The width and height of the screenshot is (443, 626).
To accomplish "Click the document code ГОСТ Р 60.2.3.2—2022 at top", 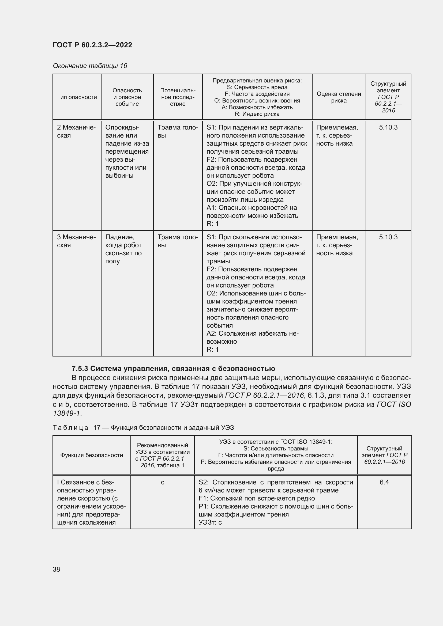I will [x=92, y=45].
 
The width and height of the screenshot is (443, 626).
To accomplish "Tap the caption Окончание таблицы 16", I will [x=90, y=66].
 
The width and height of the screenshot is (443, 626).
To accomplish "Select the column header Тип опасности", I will [x=77, y=97].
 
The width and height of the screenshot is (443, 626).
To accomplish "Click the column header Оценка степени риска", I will [x=339, y=97].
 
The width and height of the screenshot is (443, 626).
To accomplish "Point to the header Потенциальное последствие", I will [x=178, y=97].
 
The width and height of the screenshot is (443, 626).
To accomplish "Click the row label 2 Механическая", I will [x=76, y=131].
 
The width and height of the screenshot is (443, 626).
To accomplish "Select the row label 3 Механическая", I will [x=76, y=241].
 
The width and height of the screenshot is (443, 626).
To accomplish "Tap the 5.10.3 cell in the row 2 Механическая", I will [x=388, y=127].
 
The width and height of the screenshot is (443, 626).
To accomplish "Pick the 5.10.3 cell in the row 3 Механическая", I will [x=388, y=237].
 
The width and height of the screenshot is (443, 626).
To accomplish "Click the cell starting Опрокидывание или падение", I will [x=127, y=151].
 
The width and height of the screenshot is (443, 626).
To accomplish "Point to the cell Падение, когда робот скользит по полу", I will [x=123, y=249].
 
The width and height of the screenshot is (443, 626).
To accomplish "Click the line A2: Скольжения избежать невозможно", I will [x=252, y=337].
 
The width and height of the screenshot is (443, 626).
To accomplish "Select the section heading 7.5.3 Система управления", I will [x=173, y=369].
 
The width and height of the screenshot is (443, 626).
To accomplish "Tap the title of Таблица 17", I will [x=143, y=427].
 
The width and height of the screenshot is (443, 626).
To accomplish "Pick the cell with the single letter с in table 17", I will [x=162, y=482].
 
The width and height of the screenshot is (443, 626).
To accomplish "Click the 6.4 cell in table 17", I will [x=384, y=482].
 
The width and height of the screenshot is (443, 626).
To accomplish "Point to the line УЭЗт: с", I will [x=210, y=522].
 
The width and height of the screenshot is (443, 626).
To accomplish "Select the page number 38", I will [x=57, y=569].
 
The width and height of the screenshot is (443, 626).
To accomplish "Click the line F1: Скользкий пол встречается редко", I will [x=257, y=498].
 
